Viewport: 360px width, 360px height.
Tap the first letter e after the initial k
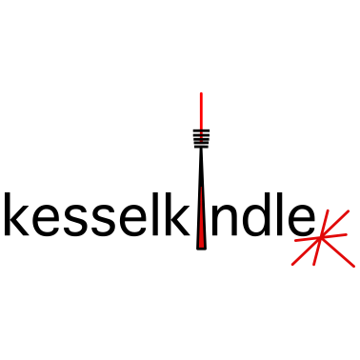pyautogui.click(x=45, y=220)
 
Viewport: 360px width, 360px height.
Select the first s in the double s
pyautogui.click(x=75, y=220)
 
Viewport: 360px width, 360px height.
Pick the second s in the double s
pyautogui.click(x=103, y=220)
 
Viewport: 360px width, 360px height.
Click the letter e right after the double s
pyautogui.click(x=132, y=220)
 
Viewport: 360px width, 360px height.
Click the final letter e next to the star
pyautogui.click(x=300, y=220)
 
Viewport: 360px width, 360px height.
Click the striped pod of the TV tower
pyautogui.click(x=201, y=137)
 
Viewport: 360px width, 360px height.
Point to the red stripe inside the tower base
pyautogui.click(x=201, y=219)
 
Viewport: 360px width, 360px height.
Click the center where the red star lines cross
pyautogui.click(x=320, y=238)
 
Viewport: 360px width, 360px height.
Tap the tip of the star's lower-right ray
pyautogui.click(x=354, y=265)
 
